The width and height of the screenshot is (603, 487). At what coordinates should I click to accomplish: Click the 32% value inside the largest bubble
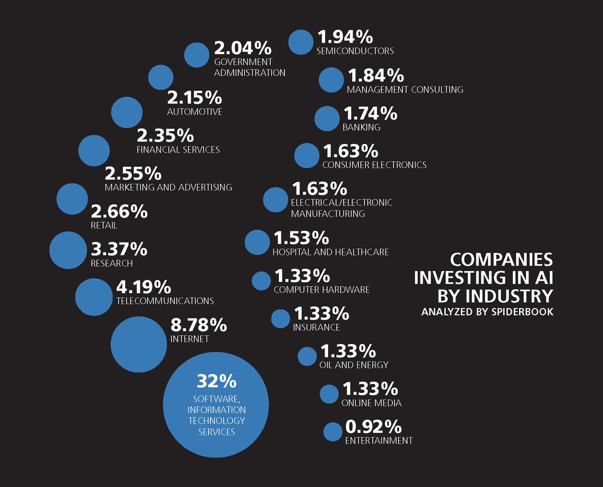click(x=216, y=381)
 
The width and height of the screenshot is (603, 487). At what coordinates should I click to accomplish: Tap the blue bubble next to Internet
click(x=138, y=346)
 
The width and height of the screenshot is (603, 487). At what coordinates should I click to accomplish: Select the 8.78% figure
click(x=199, y=325)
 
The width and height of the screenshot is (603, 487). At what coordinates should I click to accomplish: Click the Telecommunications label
click(x=165, y=301)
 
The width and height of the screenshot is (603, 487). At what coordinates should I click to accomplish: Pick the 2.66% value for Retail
click(x=119, y=211)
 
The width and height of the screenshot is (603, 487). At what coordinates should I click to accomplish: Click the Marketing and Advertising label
click(x=168, y=187)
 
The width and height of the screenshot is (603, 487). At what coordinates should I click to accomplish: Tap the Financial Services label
click(x=178, y=150)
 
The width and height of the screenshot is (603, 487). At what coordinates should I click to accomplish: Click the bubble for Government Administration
click(x=196, y=55)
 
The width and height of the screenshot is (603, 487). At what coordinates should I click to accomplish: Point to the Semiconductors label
click(x=355, y=51)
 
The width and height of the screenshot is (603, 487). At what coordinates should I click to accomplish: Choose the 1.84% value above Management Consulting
click(x=375, y=76)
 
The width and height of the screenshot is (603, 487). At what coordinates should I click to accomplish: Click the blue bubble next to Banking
click(x=327, y=119)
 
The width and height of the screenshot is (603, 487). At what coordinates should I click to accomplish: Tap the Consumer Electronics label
click(x=374, y=165)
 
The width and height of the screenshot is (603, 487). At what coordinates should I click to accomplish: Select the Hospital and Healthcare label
click(x=330, y=252)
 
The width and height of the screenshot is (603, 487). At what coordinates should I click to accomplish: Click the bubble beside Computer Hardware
click(x=261, y=281)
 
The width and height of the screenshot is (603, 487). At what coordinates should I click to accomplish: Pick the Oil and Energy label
click(x=354, y=364)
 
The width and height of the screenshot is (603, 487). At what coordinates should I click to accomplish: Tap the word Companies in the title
click(x=501, y=260)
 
